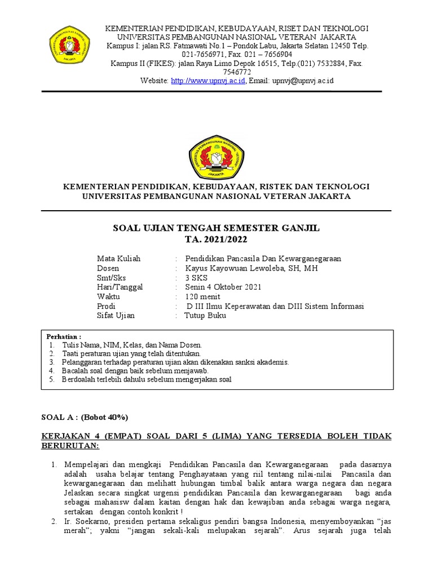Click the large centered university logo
click(x=217, y=152)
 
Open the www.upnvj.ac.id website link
click(x=208, y=81)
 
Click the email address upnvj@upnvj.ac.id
click(x=304, y=81)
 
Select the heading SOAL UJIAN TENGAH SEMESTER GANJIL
click(x=216, y=228)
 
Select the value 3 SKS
click(x=196, y=278)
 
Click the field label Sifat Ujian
click(x=116, y=316)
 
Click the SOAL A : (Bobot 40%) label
click(x=85, y=417)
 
